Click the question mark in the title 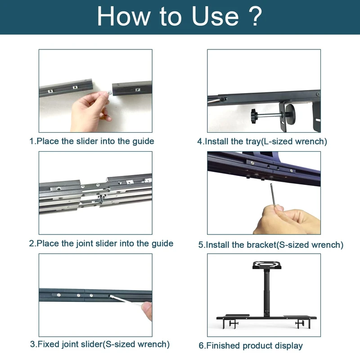pyautogui.click(x=255, y=16)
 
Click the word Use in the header pyautogui.click(x=215, y=16)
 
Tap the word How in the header pyautogui.click(x=123, y=16)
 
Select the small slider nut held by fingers pyautogui.click(x=109, y=93)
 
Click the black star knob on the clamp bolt pyautogui.click(x=254, y=116)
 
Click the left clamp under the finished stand pyautogui.click(x=233, y=324)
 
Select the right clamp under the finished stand pyautogui.click(x=300, y=324)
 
